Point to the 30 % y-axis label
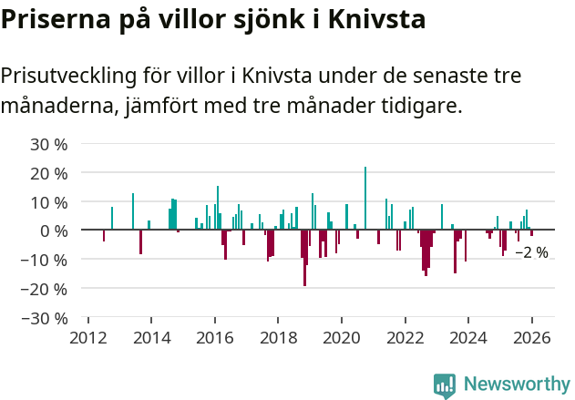[x=48, y=144]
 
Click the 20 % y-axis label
[x=48, y=173]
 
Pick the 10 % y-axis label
[x=48, y=201]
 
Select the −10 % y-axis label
[x=45, y=260]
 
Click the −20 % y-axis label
[x=45, y=289]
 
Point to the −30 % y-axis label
[x=45, y=318]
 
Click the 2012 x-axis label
[x=88, y=338]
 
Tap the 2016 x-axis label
[x=215, y=338]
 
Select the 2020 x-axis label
[x=342, y=338]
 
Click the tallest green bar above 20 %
[x=365, y=198]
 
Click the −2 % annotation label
[x=531, y=252]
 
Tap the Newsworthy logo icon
[x=445, y=385]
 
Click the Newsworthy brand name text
[x=516, y=385]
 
